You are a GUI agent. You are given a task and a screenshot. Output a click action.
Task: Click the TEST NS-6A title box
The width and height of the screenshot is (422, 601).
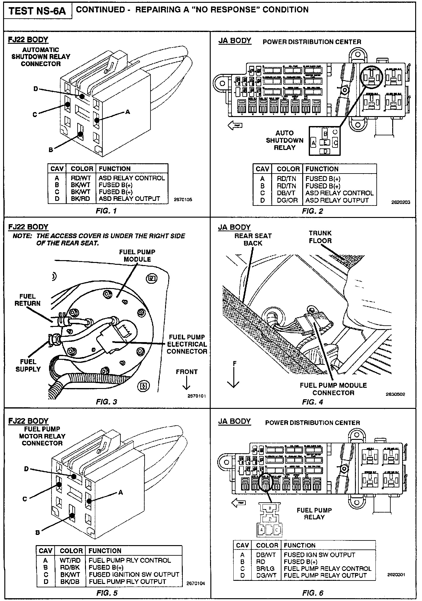(x=38, y=11)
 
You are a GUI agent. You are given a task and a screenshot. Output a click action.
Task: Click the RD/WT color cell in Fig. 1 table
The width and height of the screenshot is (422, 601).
(x=80, y=178)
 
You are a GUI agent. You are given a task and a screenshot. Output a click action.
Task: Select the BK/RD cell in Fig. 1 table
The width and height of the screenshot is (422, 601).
(x=80, y=199)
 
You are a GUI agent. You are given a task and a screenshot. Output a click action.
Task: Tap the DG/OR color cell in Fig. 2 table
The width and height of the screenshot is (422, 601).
(x=287, y=201)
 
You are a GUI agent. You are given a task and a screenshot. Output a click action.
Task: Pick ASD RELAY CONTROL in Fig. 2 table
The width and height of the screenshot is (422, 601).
(x=339, y=193)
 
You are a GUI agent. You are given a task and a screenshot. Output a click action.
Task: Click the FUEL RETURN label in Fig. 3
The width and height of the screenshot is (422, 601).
(x=27, y=300)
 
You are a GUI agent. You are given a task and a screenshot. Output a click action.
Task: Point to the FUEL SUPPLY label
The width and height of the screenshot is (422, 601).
(x=28, y=365)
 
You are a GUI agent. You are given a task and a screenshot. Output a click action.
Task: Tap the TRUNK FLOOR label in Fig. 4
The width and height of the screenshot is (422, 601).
(x=320, y=237)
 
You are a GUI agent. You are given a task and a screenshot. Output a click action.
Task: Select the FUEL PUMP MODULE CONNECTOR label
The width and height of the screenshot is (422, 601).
(x=333, y=389)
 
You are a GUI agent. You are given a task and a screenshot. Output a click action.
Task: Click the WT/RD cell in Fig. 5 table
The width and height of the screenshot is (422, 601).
(x=70, y=560)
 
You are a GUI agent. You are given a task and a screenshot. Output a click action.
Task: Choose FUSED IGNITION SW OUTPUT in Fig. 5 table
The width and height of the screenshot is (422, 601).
(x=134, y=575)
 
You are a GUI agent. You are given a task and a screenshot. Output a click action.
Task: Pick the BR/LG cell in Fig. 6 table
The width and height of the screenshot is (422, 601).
(x=265, y=568)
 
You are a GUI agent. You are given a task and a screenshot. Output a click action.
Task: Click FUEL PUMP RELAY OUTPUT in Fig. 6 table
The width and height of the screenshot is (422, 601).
(x=325, y=576)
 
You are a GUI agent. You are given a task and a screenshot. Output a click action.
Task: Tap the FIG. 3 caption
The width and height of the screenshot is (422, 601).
(x=106, y=402)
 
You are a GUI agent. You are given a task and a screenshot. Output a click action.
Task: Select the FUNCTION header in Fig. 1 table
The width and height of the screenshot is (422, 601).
(x=114, y=169)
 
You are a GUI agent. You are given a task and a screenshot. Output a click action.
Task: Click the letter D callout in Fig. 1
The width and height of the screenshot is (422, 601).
(x=36, y=89)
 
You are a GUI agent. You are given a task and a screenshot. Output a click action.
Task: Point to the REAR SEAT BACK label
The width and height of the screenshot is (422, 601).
(x=253, y=239)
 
